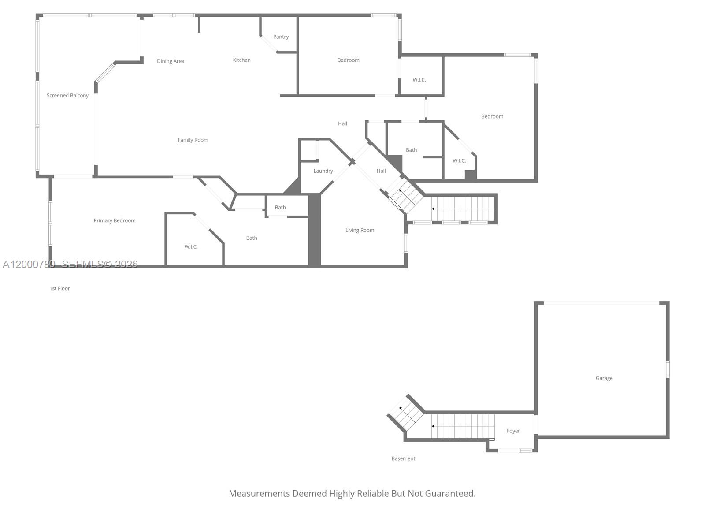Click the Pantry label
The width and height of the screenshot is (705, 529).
[x=281, y=37]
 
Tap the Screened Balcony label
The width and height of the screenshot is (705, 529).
[x=67, y=96]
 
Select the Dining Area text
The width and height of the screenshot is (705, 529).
[x=171, y=61]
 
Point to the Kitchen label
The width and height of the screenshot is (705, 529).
[x=241, y=60]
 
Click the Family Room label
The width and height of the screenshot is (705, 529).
[x=193, y=140]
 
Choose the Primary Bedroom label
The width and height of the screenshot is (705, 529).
[x=115, y=220]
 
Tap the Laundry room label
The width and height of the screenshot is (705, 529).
[x=323, y=171]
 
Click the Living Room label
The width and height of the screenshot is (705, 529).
[x=360, y=230]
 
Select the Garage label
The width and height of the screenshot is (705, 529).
[x=604, y=378]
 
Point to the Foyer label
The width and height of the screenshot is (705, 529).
[x=513, y=431]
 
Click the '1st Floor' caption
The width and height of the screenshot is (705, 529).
[x=59, y=288]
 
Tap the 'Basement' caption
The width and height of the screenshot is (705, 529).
[x=403, y=458]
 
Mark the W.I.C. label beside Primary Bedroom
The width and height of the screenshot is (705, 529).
[x=191, y=247]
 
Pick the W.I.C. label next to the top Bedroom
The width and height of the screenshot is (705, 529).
[x=419, y=80]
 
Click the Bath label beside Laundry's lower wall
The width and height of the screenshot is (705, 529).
[x=280, y=208]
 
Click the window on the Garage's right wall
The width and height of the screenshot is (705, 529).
[x=668, y=369]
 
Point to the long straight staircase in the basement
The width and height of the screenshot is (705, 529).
[x=463, y=426]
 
